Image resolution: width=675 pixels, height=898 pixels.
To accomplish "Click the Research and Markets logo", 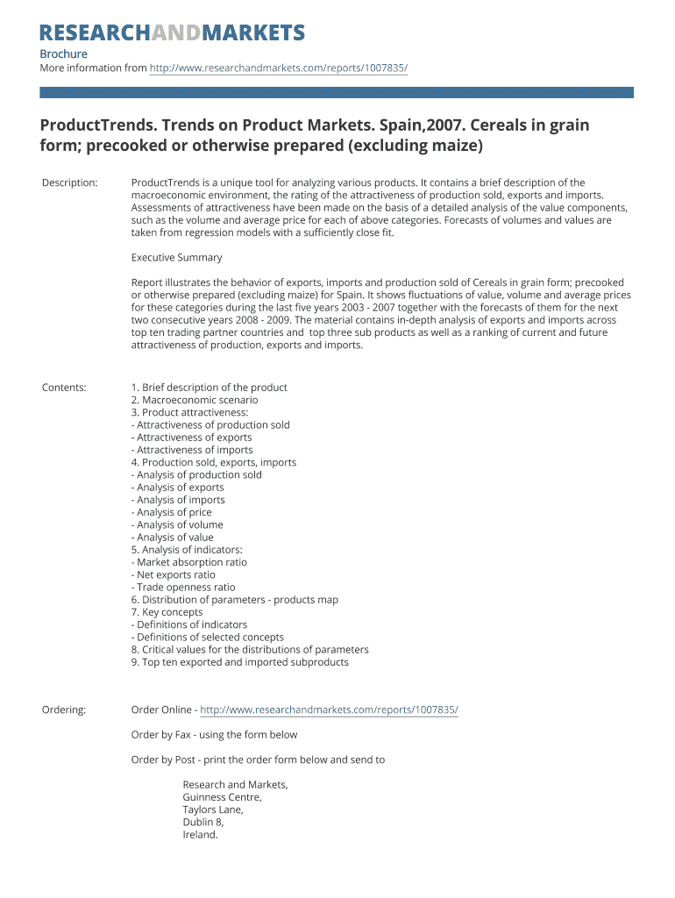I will (x=173, y=33).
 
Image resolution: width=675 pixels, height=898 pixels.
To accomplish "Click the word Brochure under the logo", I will (x=64, y=54).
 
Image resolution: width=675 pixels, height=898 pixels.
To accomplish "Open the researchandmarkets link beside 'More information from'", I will (x=279, y=68).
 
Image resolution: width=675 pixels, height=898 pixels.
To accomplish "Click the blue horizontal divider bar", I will (x=337, y=92).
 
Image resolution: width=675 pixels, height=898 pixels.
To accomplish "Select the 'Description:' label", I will (x=70, y=182).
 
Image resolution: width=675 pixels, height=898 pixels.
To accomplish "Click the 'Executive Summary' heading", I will (x=176, y=258).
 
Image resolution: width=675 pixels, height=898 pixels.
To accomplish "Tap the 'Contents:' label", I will (x=64, y=388).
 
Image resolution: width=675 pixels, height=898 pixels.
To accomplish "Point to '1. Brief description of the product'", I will (x=209, y=388).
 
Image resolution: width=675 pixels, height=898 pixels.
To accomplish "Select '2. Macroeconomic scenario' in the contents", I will (x=195, y=400).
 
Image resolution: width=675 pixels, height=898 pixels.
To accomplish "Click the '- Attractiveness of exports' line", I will (x=191, y=438).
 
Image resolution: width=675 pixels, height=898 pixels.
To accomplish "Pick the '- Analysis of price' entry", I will (x=172, y=512).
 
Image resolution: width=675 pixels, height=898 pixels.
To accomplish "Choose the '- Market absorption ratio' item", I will (x=189, y=562).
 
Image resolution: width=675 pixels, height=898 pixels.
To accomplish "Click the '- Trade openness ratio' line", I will (x=183, y=588).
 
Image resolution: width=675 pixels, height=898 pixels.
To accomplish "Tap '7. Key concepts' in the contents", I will (x=167, y=612).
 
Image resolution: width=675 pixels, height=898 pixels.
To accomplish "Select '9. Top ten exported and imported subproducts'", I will (x=239, y=662).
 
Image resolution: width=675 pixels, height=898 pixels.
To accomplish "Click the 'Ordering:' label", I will (x=64, y=709).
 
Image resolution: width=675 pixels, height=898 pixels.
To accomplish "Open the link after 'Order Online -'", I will (x=329, y=709).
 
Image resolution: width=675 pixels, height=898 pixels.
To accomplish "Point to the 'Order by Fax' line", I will (x=214, y=735).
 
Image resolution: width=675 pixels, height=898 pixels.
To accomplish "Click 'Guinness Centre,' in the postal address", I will (x=222, y=798).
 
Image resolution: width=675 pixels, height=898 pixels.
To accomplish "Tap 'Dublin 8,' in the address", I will (x=203, y=823).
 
